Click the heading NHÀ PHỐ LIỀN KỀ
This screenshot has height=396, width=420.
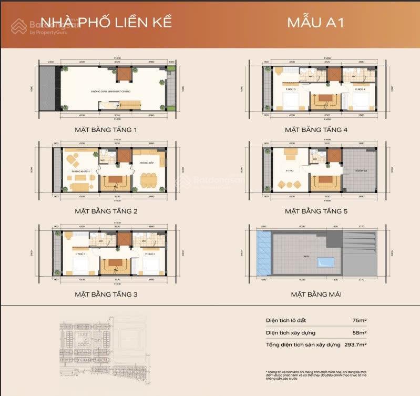pyautogui.click(x=106, y=23)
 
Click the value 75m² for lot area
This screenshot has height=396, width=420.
pyautogui.click(x=359, y=321)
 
